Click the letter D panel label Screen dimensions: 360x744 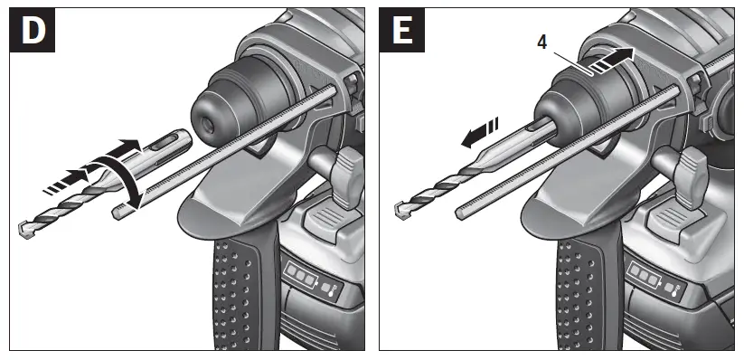click(33, 31)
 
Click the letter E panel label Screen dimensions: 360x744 click(402, 31)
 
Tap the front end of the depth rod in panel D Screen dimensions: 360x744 click(118, 213)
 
